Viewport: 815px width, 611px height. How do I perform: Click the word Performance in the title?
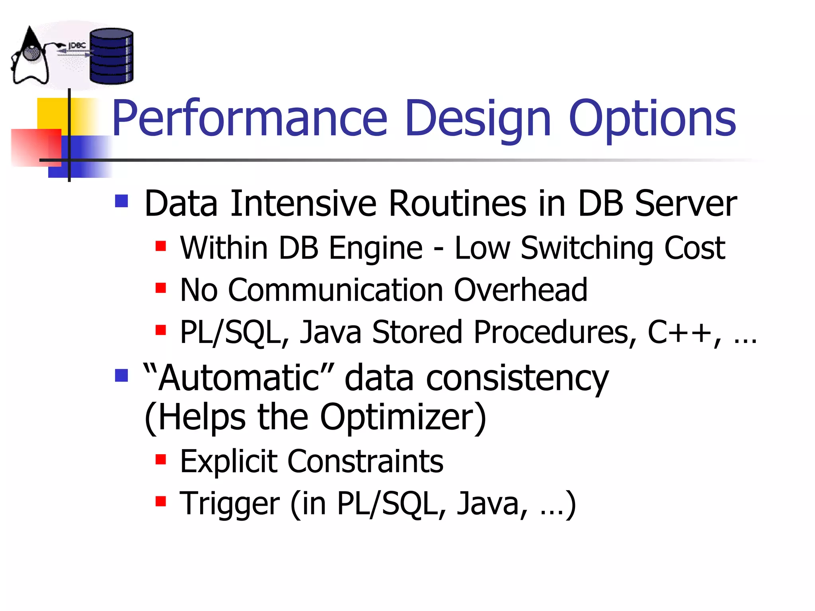tap(250, 118)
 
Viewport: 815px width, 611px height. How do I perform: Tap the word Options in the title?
tap(652, 118)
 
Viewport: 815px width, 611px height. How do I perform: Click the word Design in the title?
tap(478, 118)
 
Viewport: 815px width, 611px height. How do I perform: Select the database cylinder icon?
tap(111, 56)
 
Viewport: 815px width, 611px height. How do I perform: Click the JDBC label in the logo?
tap(77, 45)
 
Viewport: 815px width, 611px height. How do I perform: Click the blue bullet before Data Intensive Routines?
tap(121, 201)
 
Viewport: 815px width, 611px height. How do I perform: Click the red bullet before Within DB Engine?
tap(161, 246)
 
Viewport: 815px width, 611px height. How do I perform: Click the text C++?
tap(679, 332)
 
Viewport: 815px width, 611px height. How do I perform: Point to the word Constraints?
tap(365, 461)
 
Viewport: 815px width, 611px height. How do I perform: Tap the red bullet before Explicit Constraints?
tap(161, 459)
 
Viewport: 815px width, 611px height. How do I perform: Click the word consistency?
tap(517, 379)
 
